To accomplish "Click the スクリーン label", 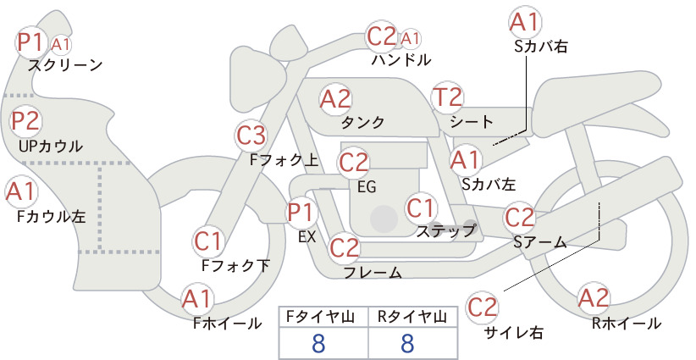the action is pyautogui.click(x=65, y=65).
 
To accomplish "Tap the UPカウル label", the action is pyautogui.click(x=51, y=146).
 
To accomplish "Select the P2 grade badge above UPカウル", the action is pyautogui.click(x=26, y=121).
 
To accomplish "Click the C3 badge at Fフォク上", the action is pyautogui.click(x=251, y=136).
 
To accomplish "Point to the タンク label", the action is pyautogui.click(x=362, y=122).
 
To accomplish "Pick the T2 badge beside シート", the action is pyautogui.click(x=447, y=97).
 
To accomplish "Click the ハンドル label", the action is pyautogui.click(x=401, y=59).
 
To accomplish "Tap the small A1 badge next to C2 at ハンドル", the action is pyautogui.click(x=410, y=39).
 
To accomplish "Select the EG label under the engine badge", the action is pyautogui.click(x=367, y=187).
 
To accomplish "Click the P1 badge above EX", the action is pyautogui.click(x=301, y=213).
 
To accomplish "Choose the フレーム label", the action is pyautogui.click(x=373, y=272).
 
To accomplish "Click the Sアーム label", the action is pyautogui.click(x=540, y=242).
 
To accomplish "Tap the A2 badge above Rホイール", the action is pyautogui.click(x=594, y=298).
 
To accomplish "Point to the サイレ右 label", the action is pyautogui.click(x=514, y=333).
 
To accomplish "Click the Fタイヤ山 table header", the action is pyautogui.click(x=320, y=317).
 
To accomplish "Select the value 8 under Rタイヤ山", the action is pyautogui.click(x=407, y=343).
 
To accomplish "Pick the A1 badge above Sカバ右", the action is pyautogui.click(x=525, y=22).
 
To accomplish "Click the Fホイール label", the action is pyautogui.click(x=227, y=324).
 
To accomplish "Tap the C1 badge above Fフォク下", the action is pyautogui.click(x=208, y=241).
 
